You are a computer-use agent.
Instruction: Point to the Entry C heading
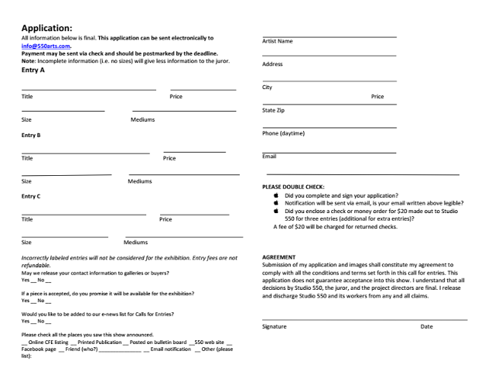[x=31, y=196]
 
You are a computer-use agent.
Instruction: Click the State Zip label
[x=277, y=110]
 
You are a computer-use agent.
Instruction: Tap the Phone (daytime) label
[x=284, y=133]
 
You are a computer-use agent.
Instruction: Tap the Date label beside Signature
[x=427, y=326]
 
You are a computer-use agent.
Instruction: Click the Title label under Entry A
[x=27, y=96]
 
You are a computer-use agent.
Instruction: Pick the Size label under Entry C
[x=27, y=242]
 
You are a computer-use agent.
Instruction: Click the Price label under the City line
[x=377, y=97]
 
